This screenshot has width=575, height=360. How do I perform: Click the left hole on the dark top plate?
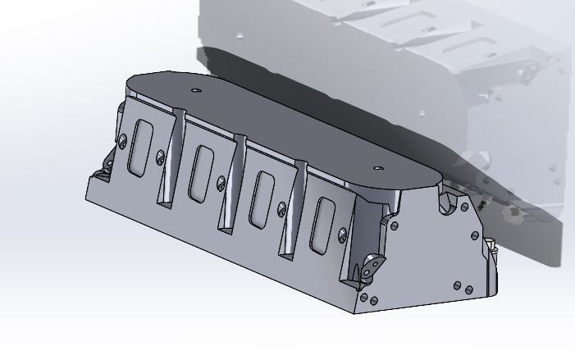[x=195, y=89]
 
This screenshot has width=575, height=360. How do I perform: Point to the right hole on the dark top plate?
[x=377, y=167]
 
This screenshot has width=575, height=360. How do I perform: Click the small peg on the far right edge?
[x=491, y=245]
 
